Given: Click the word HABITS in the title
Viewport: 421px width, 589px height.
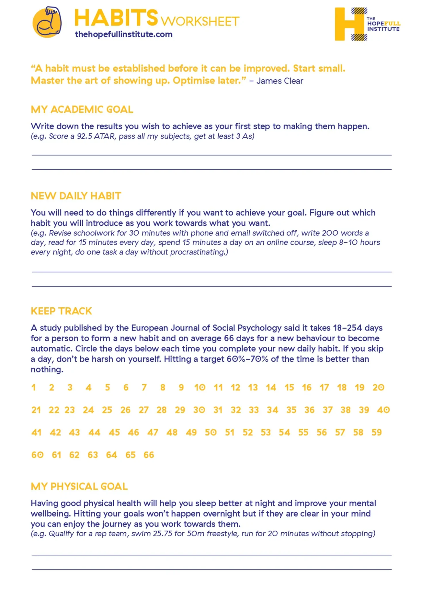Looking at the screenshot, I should pyautogui.click(x=116, y=18).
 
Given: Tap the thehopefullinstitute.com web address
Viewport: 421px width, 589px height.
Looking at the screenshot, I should pyautogui.click(x=124, y=34).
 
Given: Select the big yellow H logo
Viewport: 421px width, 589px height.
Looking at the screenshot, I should pyautogui.click(x=349, y=24).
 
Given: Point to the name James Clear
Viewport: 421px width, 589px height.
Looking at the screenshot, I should pyautogui.click(x=280, y=81).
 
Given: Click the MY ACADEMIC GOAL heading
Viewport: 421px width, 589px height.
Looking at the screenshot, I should pyautogui.click(x=82, y=110).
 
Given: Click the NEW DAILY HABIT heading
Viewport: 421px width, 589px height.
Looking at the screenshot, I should pyautogui.click(x=76, y=196).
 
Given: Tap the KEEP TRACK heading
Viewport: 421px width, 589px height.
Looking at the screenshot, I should pyautogui.click(x=61, y=311).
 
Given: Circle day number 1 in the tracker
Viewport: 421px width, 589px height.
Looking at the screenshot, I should pyautogui.click(x=33, y=387).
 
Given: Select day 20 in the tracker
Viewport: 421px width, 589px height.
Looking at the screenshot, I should pyautogui.click(x=378, y=387).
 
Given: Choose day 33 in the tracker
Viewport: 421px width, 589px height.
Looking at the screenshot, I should pyautogui.click(x=254, y=410).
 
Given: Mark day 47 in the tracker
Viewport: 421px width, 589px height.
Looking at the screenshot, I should pyautogui.click(x=153, y=432).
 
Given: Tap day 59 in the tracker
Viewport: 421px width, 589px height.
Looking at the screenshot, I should pyautogui.click(x=376, y=432).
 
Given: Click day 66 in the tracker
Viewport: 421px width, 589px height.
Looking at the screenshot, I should pyautogui.click(x=149, y=455).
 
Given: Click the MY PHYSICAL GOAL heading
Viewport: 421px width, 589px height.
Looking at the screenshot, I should pyautogui.click(x=79, y=486).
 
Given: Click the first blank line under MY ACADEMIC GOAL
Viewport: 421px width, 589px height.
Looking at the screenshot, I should pyautogui.click(x=212, y=155).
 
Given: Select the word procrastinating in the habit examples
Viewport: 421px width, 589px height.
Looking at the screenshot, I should pyautogui.click(x=199, y=252).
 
